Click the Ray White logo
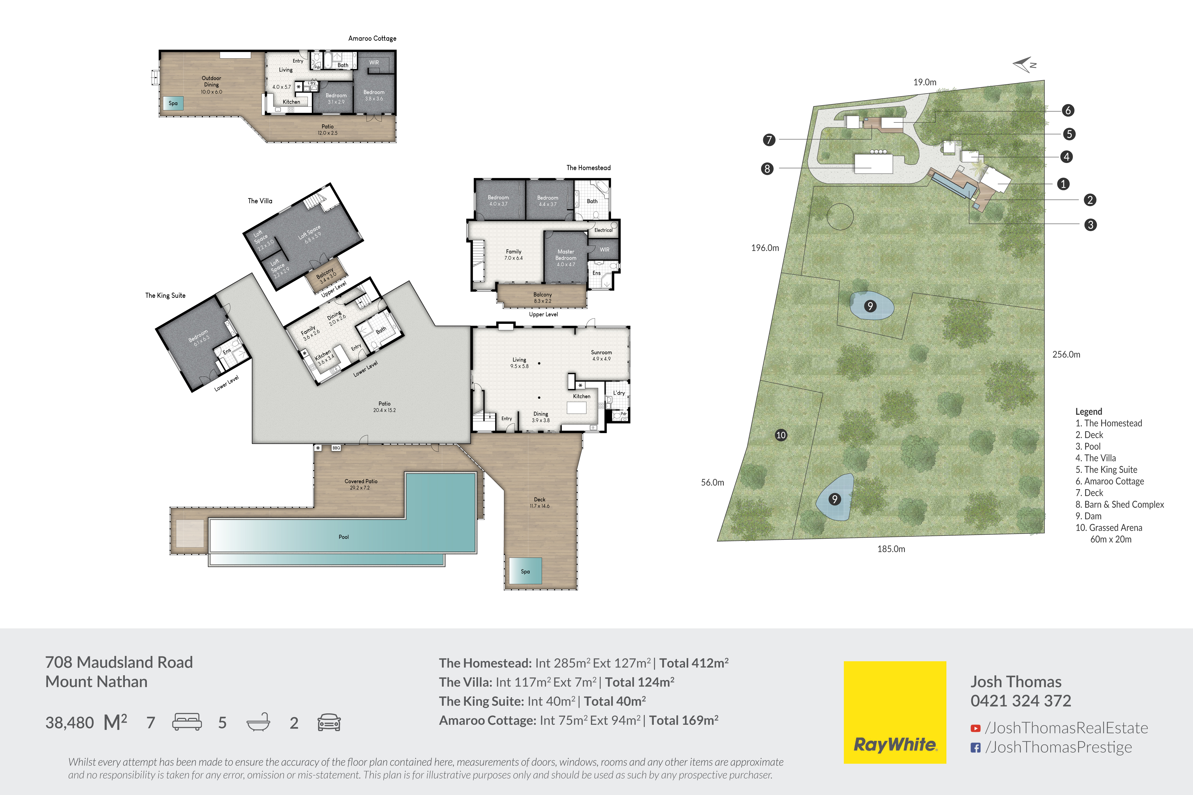point(895,712)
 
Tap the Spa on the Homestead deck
point(525,571)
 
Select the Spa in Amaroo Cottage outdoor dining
point(173,103)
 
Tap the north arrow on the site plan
point(1024,64)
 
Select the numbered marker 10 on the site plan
point(781,435)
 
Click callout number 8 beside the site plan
point(767,168)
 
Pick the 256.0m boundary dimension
point(1066,354)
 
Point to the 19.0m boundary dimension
point(925,82)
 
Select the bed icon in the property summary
point(187,722)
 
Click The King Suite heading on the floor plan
point(165,295)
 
